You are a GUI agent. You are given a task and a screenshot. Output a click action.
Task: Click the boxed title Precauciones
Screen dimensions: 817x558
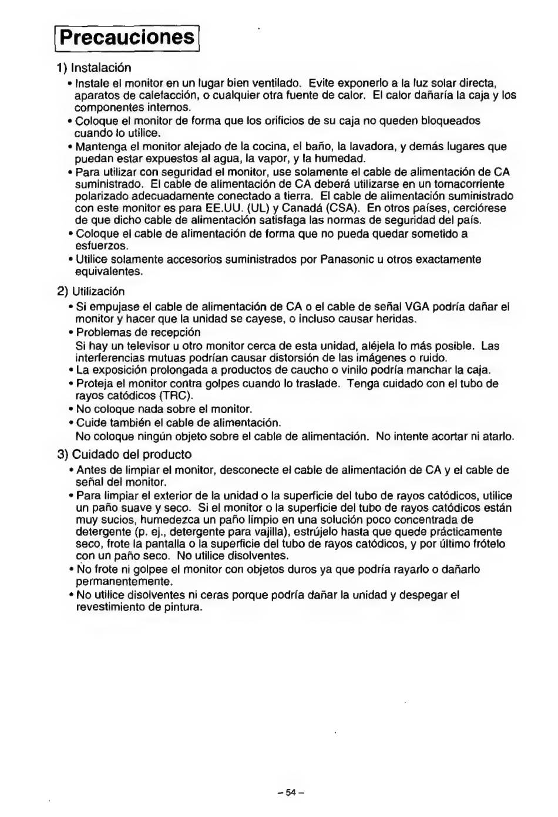126,37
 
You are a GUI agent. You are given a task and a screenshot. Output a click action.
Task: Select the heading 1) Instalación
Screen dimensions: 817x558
94,67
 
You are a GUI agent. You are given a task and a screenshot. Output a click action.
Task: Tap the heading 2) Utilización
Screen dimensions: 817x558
91,291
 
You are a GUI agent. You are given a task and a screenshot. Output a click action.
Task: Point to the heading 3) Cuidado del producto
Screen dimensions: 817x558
125,454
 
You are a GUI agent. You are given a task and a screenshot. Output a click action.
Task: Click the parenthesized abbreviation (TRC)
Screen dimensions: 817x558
177,396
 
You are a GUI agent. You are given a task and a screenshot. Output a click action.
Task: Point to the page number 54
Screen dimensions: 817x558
290,792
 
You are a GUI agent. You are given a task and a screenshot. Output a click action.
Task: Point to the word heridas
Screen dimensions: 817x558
397,319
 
